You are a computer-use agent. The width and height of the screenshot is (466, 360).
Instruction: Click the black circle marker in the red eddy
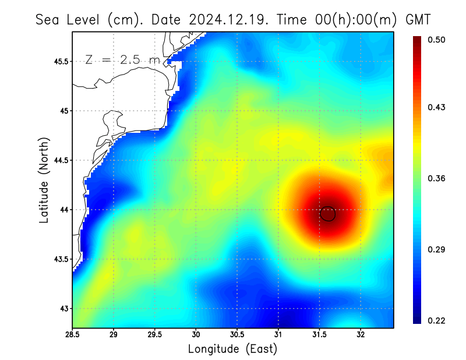tap(328, 214)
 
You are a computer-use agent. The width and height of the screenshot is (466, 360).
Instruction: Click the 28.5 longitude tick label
tap(73, 336)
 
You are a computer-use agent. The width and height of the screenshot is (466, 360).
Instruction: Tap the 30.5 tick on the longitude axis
tap(237, 336)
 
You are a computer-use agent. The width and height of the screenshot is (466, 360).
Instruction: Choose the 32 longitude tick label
tap(361, 336)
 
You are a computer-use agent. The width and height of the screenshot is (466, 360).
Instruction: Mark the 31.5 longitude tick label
tap(319, 336)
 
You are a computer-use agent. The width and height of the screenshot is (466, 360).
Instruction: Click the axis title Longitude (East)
tap(232, 349)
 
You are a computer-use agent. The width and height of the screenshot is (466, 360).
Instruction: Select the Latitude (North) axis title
tap(44, 179)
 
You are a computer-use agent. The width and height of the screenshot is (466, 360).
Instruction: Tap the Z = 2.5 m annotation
tap(122, 59)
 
